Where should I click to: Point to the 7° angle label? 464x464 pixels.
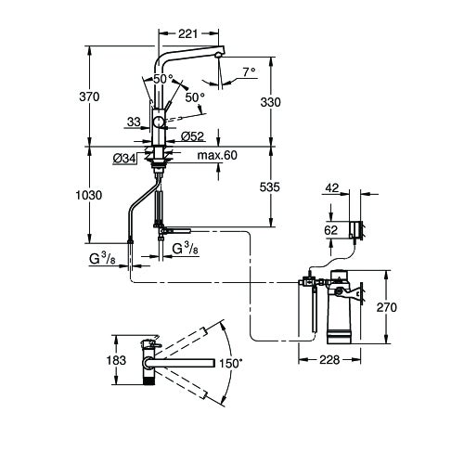click(x=246, y=71)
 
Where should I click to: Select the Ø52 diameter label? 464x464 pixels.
click(x=193, y=135)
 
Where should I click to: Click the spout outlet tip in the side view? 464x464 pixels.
click(x=218, y=57)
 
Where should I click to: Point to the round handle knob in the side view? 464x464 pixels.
click(x=159, y=122)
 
